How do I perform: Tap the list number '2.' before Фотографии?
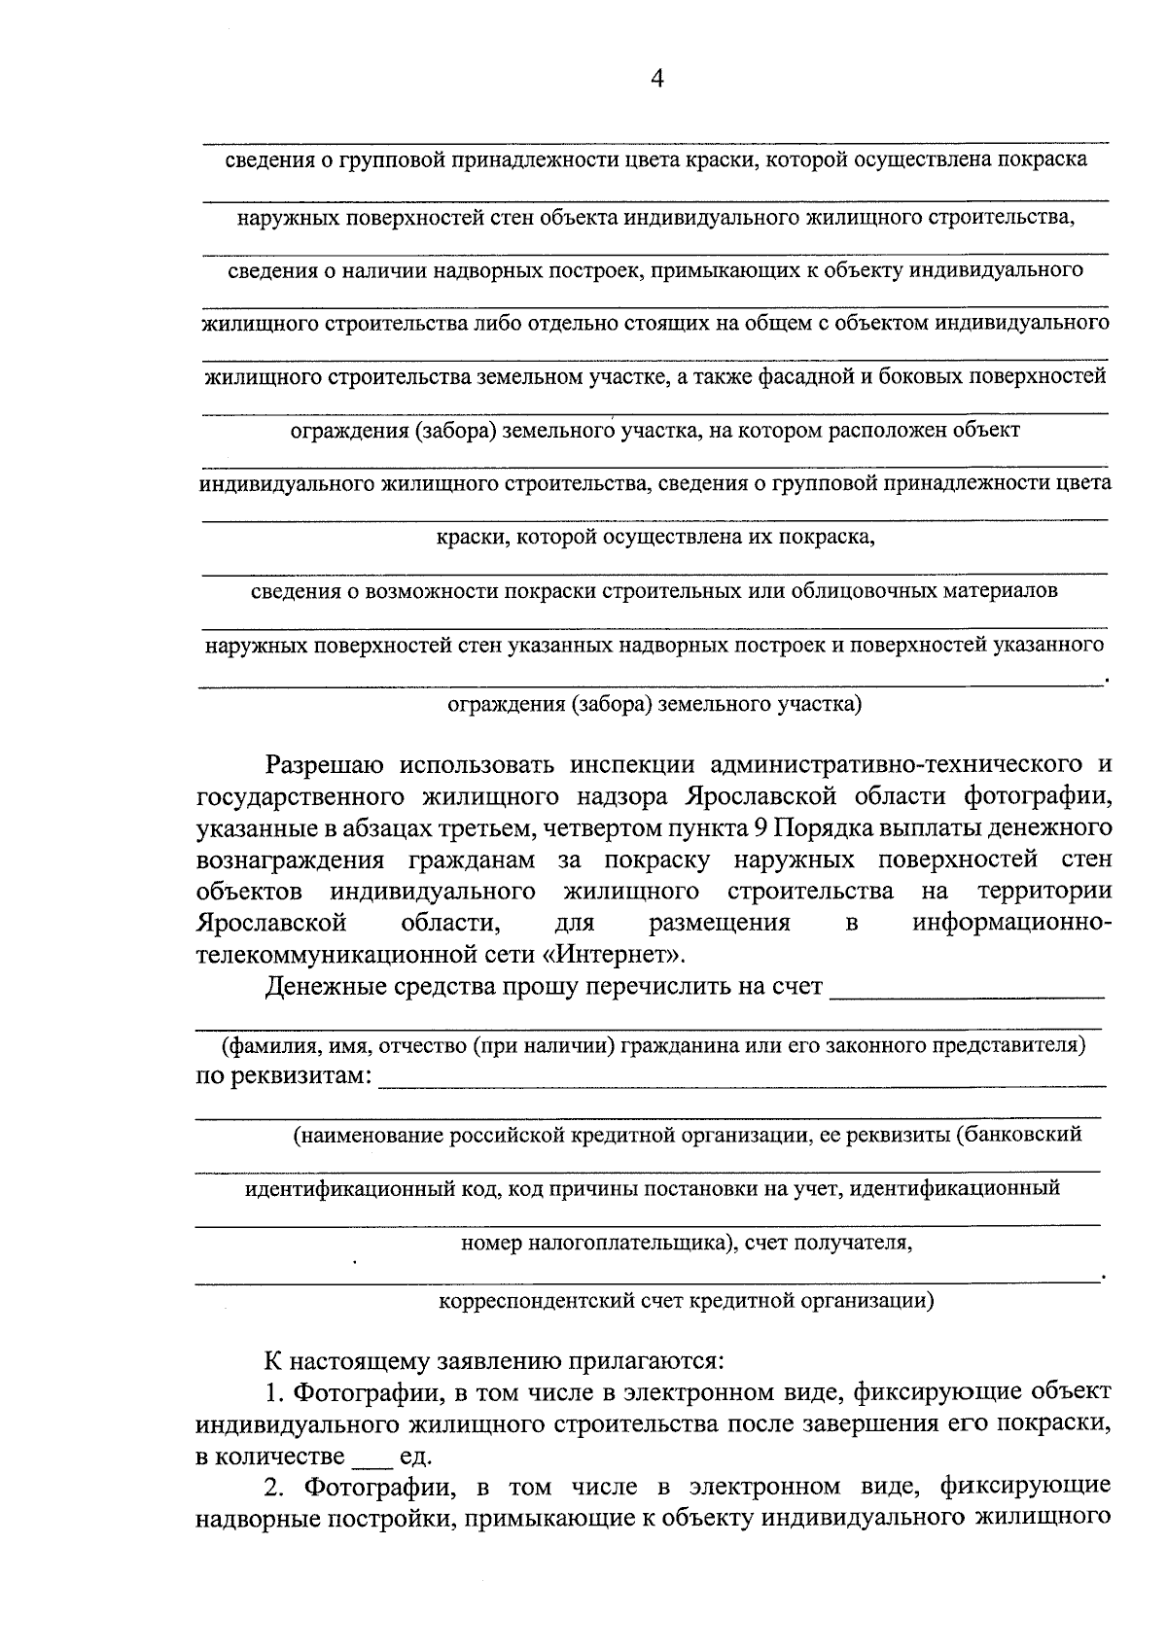point(276,1488)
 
